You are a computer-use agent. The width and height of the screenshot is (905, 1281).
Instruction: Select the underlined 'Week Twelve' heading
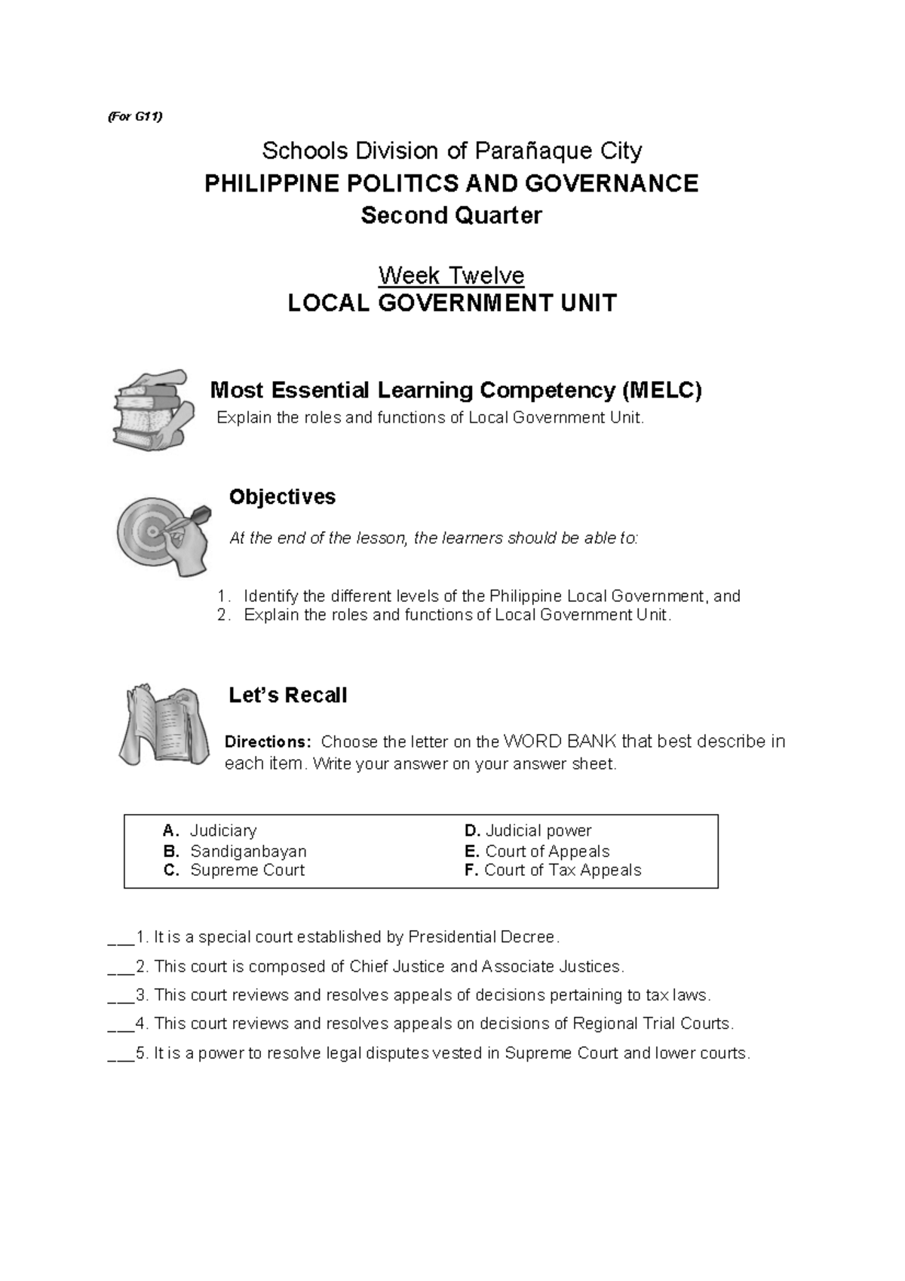(451, 275)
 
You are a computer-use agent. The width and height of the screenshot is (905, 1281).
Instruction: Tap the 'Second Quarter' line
(451, 216)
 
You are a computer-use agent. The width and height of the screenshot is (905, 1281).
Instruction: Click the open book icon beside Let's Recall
(164, 724)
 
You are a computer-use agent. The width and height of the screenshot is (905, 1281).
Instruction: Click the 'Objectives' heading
(282, 497)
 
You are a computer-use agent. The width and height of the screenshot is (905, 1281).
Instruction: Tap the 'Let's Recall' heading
(287, 696)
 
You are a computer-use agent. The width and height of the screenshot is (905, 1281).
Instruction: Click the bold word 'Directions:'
(268, 742)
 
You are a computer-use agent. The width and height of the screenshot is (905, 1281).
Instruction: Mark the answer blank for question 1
(121, 938)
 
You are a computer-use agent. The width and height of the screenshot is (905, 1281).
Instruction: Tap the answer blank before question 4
(121, 1024)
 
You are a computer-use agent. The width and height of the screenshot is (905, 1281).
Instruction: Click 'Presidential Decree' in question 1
(482, 938)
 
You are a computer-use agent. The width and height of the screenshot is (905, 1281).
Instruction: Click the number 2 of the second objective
(222, 616)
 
